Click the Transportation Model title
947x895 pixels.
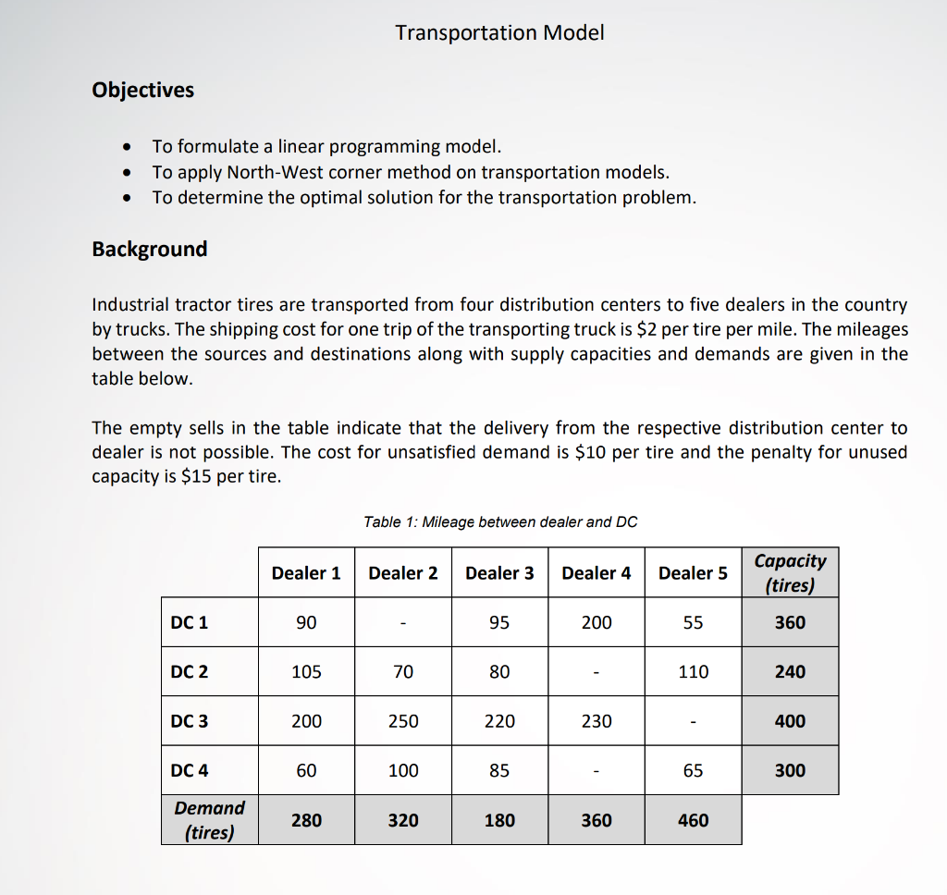coord(499,33)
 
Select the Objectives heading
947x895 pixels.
coord(143,90)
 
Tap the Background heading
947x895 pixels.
coord(150,249)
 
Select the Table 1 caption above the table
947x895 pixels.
coord(500,521)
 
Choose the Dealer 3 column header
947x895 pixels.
coord(499,573)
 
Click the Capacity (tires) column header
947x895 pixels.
coord(790,572)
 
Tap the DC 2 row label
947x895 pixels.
coord(190,672)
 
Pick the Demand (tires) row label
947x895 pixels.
coord(210,819)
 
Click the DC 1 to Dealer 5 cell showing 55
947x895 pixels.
coord(693,623)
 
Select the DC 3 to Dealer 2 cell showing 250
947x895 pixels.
coord(403,721)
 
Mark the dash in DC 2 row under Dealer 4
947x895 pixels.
coord(596,672)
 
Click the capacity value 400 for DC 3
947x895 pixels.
coord(790,721)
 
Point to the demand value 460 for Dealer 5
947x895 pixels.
coord(693,820)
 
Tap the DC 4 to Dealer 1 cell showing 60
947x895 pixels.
coord(306,770)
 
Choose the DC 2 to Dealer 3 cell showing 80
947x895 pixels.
coord(499,672)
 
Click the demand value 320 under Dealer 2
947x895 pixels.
coord(403,820)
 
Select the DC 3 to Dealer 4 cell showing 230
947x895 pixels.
coord(596,721)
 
